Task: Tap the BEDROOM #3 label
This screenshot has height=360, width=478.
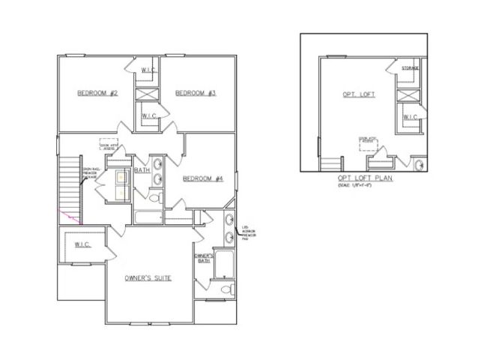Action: coord(196,93)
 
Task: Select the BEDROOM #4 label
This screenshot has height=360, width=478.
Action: coord(204,178)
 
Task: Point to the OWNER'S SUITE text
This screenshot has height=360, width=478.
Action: coord(148,278)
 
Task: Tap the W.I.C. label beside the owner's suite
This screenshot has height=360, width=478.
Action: coord(83,243)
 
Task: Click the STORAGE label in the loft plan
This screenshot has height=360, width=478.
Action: coord(411,68)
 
